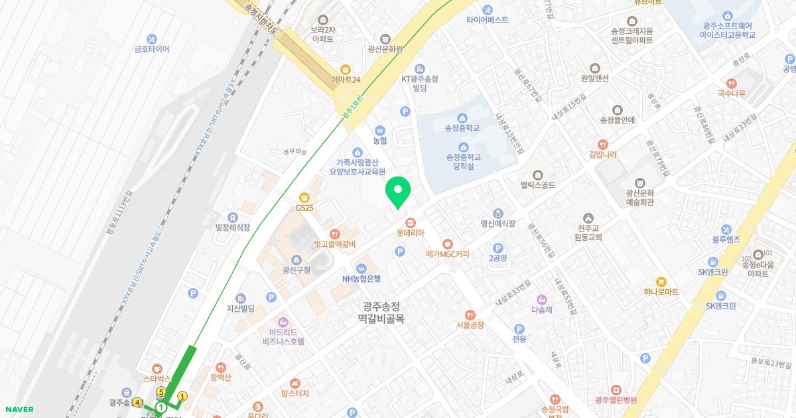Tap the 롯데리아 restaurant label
(410, 234)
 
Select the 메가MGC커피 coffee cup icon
(448, 244)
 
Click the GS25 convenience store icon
(304, 196)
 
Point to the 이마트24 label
(345, 80)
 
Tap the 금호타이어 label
(152, 49)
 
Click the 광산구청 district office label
(296, 270)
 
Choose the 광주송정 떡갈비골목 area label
(381, 313)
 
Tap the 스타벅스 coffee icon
(157, 368)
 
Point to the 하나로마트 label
(661, 292)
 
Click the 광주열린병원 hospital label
(616, 400)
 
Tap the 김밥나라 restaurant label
(602, 155)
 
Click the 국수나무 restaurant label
(731, 94)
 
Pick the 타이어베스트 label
(487, 20)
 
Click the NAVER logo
(18, 409)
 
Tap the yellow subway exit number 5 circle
(161, 392)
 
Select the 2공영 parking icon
(497, 247)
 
